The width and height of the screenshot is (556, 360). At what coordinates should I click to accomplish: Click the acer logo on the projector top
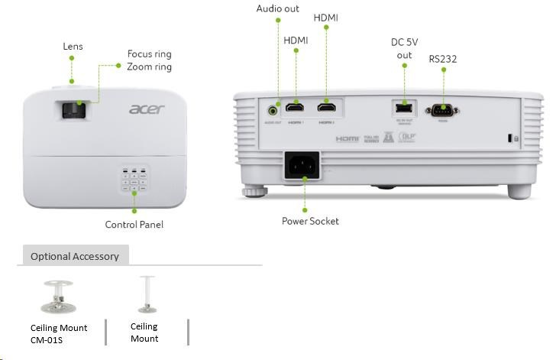pyautogui.click(x=146, y=110)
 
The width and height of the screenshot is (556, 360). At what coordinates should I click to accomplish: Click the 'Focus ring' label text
pyautogui.click(x=149, y=54)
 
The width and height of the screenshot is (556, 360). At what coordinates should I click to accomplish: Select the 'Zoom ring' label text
pyautogui.click(x=149, y=67)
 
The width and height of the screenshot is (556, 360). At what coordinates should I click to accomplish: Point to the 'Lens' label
pyautogui.click(x=73, y=47)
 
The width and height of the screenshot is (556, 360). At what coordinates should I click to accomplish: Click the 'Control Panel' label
pyautogui.click(x=134, y=225)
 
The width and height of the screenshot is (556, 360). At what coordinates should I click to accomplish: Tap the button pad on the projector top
pyautogui.click(x=133, y=182)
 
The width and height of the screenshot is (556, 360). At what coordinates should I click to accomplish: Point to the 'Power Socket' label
pyautogui.click(x=310, y=222)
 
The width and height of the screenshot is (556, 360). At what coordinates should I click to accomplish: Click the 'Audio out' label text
pyautogui.click(x=278, y=8)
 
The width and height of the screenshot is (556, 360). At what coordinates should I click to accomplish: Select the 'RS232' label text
pyautogui.click(x=443, y=58)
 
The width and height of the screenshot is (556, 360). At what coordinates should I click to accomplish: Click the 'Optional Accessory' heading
pyautogui.click(x=74, y=257)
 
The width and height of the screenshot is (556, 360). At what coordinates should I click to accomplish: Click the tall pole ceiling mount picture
pyautogui.click(x=146, y=295)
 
